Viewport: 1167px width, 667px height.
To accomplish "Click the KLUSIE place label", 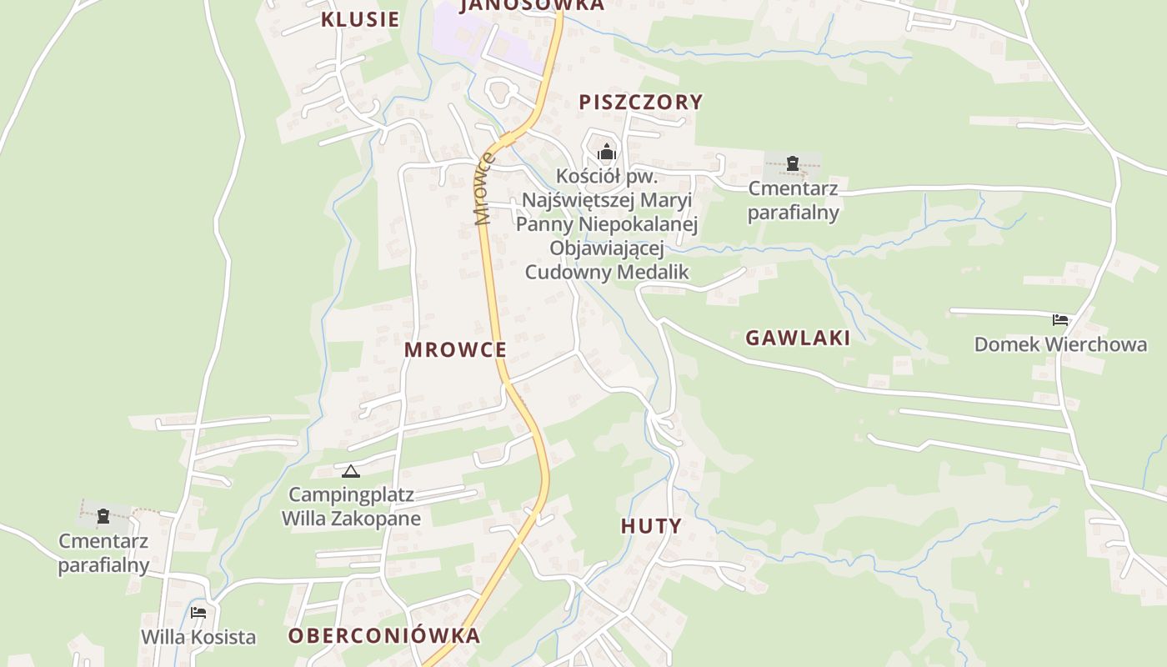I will [x=360, y=20].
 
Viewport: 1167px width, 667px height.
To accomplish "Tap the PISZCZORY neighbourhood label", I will [x=641, y=102].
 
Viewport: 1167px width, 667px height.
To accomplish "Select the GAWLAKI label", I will [x=798, y=338].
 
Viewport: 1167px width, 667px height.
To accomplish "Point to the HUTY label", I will [x=651, y=526].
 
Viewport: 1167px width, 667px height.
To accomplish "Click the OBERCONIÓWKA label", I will [x=384, y=635].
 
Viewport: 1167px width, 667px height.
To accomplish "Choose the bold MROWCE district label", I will [x=455, y=349].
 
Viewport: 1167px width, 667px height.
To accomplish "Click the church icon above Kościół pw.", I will [x=606, y=152].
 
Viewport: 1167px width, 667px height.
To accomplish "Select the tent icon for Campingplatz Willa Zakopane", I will [x=351, y=472].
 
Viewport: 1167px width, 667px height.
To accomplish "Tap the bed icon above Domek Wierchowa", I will [x=1060, y=319].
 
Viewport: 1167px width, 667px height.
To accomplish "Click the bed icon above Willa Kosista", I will [x=198, y=613].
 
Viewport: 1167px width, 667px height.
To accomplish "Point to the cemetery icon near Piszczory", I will [x=793, y=163].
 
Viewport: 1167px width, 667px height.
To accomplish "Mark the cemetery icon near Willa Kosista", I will [x=103, y=517].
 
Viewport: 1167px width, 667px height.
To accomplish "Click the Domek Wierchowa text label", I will [x=1060, y=344].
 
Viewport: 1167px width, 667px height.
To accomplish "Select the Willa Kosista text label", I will [x=198, y=637].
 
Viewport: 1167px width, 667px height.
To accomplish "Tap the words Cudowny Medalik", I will [x=606, y=272].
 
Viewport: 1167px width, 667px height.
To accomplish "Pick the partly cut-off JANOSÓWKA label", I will [x=531, y=5].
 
